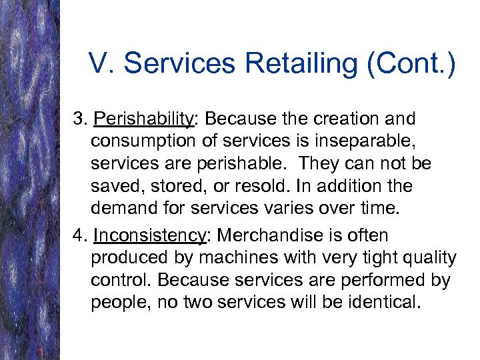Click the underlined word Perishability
(x=143, y=119)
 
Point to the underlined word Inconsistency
(x=149, y=235)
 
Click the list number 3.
(x=80, y=119)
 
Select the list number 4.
(x=80, y=235)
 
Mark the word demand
(x=123, y=207)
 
